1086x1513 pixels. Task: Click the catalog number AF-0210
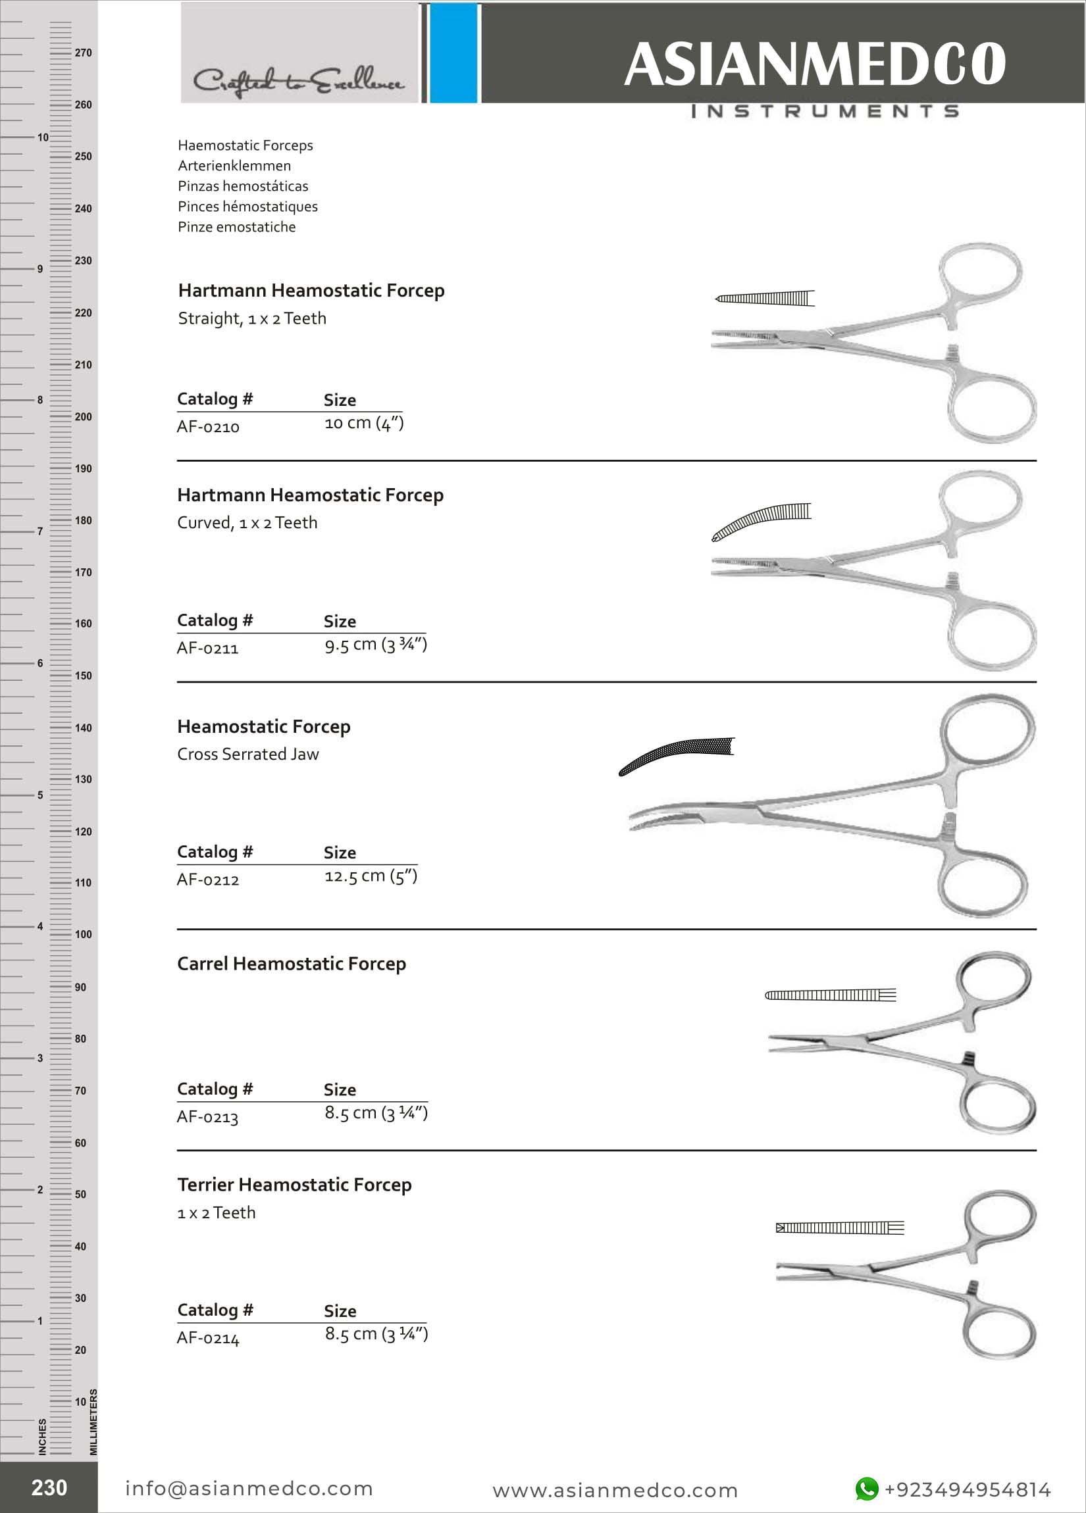click(x=207, y=427)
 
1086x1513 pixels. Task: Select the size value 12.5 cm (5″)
click(x=371, y=876)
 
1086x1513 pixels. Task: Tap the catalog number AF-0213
click(x=207, y=1117)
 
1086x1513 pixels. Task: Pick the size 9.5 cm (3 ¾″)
click(x=375, y=645)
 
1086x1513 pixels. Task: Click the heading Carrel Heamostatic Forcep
click(x=291, y=964)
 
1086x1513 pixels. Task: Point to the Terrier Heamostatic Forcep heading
click(x=294, y=1185)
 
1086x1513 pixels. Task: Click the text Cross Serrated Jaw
click(x=247, y=754)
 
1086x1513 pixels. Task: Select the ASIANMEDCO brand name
click(x=814, y=64)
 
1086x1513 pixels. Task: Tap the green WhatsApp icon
click(x=866, y=1488)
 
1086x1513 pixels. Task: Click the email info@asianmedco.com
click(x=249, y=1488)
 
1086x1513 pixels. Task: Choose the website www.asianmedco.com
click(x=615, y=1490)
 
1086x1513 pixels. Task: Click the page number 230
click(x=49, y=1487)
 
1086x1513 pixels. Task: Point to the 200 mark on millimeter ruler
click(x=83, y=417)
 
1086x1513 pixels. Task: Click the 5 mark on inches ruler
click(x=40, y=795)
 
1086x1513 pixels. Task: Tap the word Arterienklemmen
click(x=234, y=165)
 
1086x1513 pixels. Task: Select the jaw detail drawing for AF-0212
click(x=676, y=755)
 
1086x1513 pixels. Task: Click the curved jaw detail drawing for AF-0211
click(x=761, y=521)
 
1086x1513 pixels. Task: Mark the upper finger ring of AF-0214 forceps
click(x=1001, y=1217)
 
